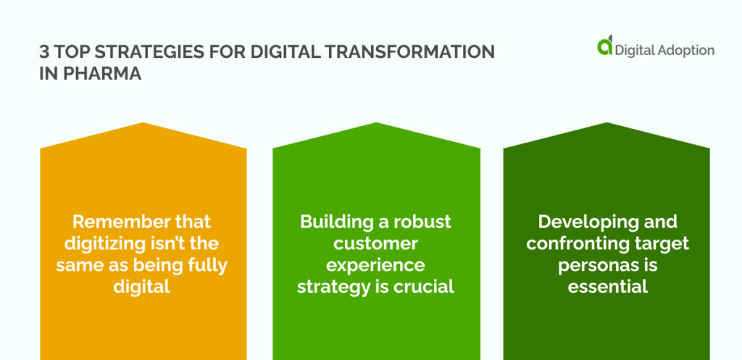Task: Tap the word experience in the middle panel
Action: pyautogui.click(x=375, y=265)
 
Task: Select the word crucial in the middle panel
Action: pyautogui.click(x=424, y=287)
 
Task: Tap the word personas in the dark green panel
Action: pyautogui.click(x=593, y=265)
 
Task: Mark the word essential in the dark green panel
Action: pyautogui.click(x=607, y=287)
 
